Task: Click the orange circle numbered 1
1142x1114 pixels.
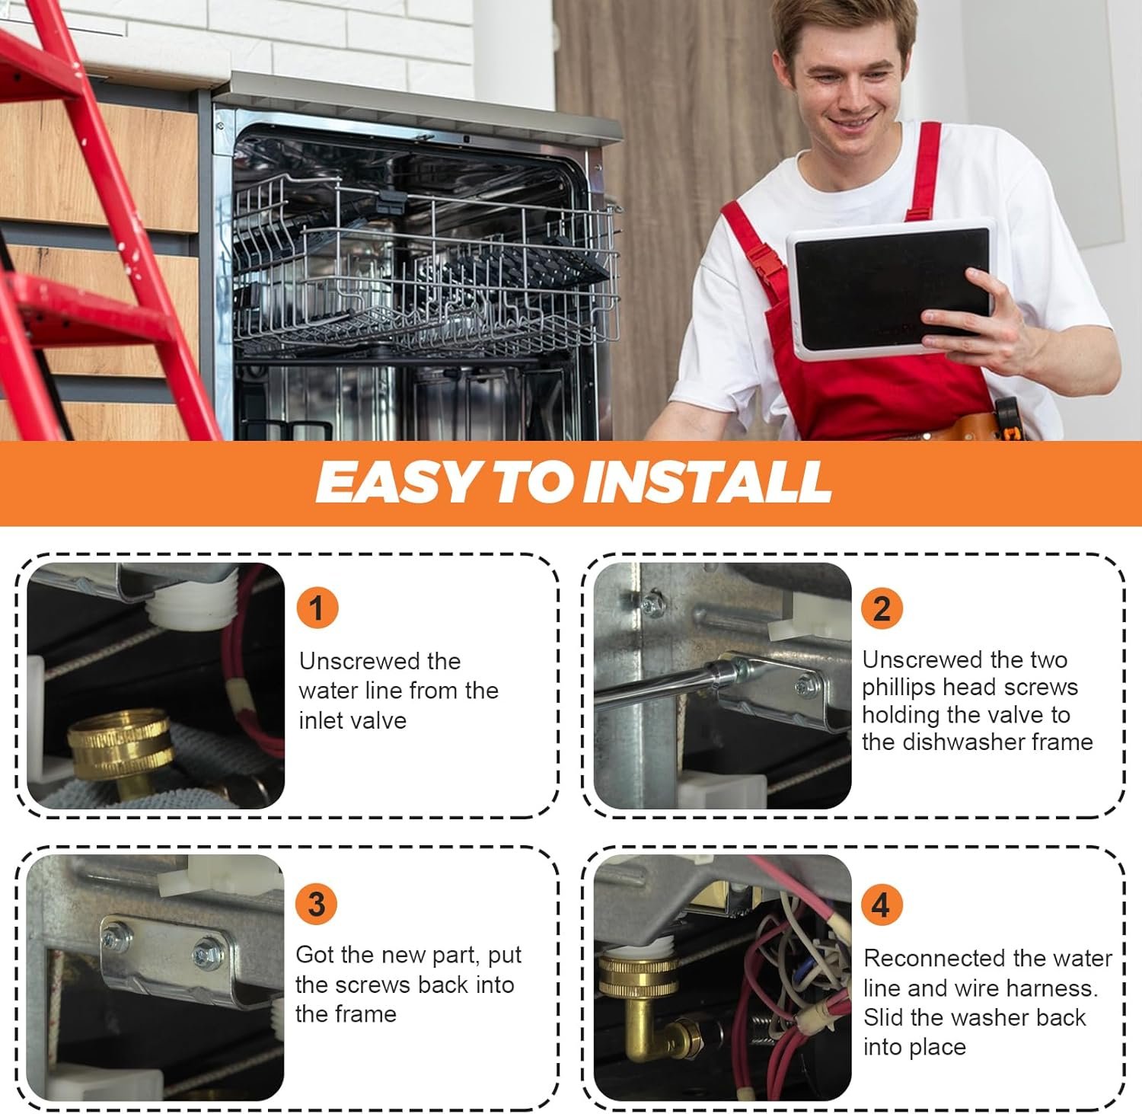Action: tap(317, 608)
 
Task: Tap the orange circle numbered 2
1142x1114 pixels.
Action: tap(882, 608)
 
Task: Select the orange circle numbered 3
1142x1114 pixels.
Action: tap(316, 904)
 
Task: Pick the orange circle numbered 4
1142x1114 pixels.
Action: tap(881, 904)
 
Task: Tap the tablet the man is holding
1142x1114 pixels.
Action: tap(889, 287)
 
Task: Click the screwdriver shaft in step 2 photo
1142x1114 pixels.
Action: tap(655, 687)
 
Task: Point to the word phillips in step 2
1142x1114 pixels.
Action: tap(901, 688)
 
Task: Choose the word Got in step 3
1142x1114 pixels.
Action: tap(314, 954)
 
